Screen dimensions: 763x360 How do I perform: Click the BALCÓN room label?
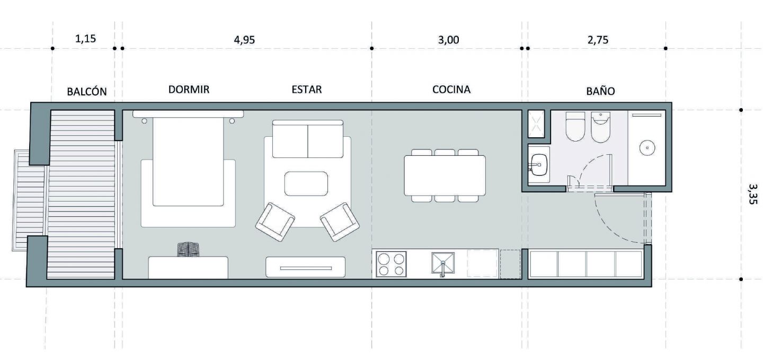tap(87, 91)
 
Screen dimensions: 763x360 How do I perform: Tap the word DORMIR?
tap(189, 89)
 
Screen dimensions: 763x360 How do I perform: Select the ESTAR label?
tap(307, 89)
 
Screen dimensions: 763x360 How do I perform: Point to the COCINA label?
tap(451, 89)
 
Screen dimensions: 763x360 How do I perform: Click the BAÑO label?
tap(600, 91)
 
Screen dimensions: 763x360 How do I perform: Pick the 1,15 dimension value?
tap(85, 39)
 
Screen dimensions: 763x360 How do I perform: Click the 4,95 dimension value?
tap(244, 40)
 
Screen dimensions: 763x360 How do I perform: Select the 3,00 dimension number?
tap(448, 40)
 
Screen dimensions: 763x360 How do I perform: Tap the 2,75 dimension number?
tap(598, 40)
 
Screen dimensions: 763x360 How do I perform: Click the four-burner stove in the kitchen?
tap(391, 264)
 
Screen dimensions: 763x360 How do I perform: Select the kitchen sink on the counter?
tap(443, 263)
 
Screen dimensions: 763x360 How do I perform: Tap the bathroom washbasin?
tap(538, 165)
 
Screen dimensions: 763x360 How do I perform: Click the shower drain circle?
tap(647, 147)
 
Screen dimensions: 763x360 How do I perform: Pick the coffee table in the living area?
tap(306, 184)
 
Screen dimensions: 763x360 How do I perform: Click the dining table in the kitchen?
tap(445, 175)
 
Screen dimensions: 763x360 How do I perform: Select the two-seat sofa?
tap(307, 139)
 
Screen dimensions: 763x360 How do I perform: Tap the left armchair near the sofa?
tap(275, 222)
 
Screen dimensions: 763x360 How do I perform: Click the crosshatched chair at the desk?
tap(188, 249)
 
